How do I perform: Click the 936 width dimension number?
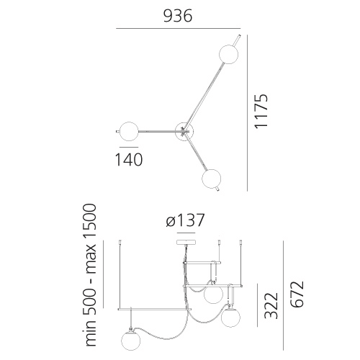(x=178, y=16)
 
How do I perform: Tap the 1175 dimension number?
(x=261, y=112)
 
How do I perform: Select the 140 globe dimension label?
(x=129, y=160)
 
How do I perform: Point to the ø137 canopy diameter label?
(x=185, y=220)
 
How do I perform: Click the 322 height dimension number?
(x=271, y=305)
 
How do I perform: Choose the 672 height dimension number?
(x=297, y=294)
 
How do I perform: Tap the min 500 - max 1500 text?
(x=91, y=275)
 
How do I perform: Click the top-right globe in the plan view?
(x=229, y=54)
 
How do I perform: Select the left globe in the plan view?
(x=129, y=132)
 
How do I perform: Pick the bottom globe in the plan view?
(x=212, y=179)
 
